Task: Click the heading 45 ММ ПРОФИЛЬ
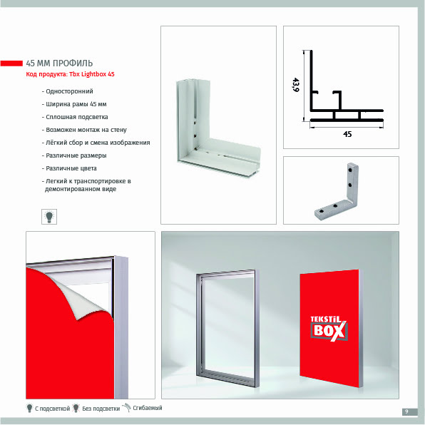click(59, 63)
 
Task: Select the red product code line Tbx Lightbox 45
click(70, 74)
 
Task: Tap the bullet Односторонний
click(68, 91)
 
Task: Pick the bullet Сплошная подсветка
click(75, 117)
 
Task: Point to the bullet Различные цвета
click(69, 168)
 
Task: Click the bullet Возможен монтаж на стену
click(84, 130)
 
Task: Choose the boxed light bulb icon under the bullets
click(49, 217)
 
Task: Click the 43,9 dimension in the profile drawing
click(296, 85)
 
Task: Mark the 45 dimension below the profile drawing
click(347, 134)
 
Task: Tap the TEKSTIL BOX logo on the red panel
click(329, 328)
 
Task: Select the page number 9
click(406, 411)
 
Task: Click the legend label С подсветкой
click(52, 408)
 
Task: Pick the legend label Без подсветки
click(101, 408)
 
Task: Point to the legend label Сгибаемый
click(148, 408)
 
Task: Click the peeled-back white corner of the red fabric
click(84, 301)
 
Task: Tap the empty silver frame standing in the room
click(200, 325)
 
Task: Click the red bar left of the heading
click(11, 63)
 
